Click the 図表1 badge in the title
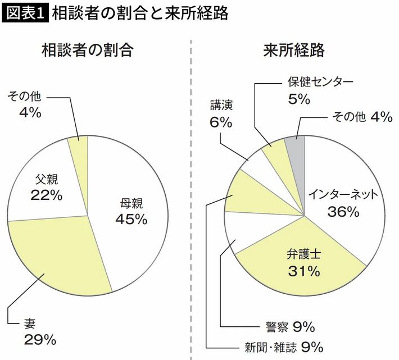tap(25, 14)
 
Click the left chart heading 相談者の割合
tap(88, 51)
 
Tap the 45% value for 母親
tap(131, 218)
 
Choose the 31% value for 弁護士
tap(303, 271)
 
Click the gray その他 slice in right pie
tap(296, 147)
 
